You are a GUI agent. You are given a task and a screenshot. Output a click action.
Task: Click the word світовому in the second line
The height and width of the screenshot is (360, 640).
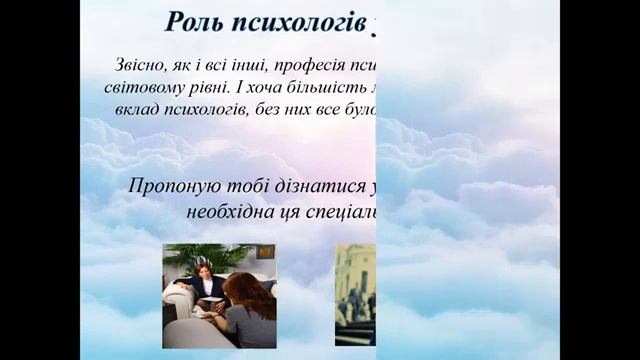[x=141, y=87]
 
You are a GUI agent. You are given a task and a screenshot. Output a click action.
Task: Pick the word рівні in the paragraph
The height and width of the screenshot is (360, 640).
[x=204, y=87]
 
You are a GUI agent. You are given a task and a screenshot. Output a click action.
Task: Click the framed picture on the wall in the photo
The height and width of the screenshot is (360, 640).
[x=265, y=252]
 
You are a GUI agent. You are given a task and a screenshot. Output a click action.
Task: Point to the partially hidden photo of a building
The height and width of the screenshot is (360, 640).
[x=355, y=294]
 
